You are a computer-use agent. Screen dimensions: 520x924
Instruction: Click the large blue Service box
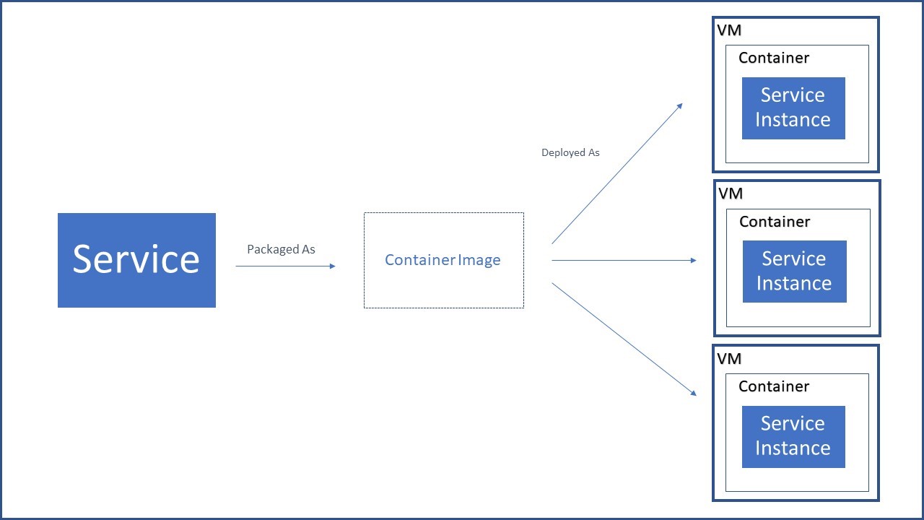[x=136, y=260]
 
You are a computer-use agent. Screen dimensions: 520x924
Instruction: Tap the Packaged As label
[x=281, y=249]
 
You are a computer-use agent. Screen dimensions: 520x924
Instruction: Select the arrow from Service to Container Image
[x=285, y=266]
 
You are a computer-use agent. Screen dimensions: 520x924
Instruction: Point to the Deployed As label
[x=570, y=152]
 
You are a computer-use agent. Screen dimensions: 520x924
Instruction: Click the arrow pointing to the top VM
[x=617, y=173]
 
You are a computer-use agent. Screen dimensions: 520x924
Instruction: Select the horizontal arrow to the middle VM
[x=624, y=260]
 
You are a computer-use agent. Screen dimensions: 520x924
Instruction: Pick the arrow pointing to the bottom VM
[x=624, y=339]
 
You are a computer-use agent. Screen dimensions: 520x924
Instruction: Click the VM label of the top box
[x=729, y=30]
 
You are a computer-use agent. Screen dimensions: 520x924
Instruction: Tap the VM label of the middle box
[x=731, y=194]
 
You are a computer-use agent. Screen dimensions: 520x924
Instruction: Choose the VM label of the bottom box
[x=729, y=359]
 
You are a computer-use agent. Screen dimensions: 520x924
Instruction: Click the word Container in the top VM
[x=774, y=58]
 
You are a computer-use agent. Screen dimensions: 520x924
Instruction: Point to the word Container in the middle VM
[x=775, y=222]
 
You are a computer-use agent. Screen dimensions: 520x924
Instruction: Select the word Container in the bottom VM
[x=774, y=386]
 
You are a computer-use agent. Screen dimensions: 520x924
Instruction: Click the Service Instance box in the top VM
[x=793, y=108]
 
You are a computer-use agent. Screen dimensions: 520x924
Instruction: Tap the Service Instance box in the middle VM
[x=794, y=271]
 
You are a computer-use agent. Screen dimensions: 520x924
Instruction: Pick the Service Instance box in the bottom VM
[x=793, y=436]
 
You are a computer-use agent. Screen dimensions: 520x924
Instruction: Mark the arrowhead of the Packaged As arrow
[x=332, y=266]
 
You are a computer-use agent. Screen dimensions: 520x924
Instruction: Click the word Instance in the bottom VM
[x=793, y=448]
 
